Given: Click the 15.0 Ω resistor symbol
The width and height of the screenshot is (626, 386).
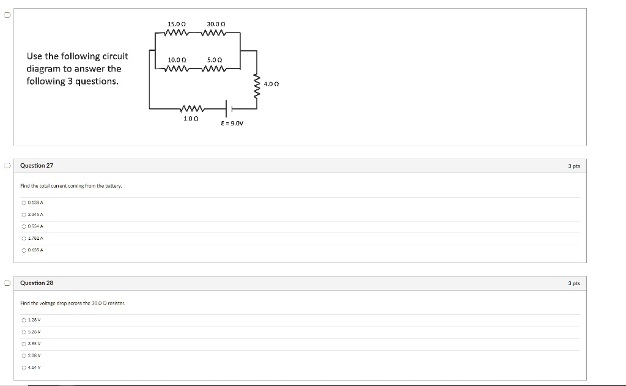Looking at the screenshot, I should pyautogui.click(x=176, y=32).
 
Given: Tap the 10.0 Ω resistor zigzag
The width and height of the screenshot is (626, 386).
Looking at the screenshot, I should pyautogui.click(x=176, y=69).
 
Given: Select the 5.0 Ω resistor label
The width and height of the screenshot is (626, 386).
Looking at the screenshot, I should pyautogui.click(x=215, y=60).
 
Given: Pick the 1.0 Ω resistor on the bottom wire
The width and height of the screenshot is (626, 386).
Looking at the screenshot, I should pyautogui.click(x=191, y=109).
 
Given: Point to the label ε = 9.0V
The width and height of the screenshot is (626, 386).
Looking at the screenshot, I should pyautogui.click(x=232, y=123).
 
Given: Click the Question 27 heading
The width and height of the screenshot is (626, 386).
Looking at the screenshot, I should pyautogui.click(x=37, y=166).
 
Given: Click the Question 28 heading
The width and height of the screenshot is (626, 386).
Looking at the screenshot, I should pyautogui.click(x=37, y=283).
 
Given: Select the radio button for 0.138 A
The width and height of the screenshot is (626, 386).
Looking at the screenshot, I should pyautogui.click(x=23, y=202).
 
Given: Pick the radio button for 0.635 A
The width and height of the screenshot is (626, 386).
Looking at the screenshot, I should pyautogui.click(x=23, y=250).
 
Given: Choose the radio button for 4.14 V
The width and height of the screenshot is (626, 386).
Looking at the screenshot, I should pyautogui.click(x=23, y=368).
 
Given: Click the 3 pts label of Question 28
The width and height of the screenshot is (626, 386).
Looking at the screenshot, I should pyautogui.click(x=573, y=283).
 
